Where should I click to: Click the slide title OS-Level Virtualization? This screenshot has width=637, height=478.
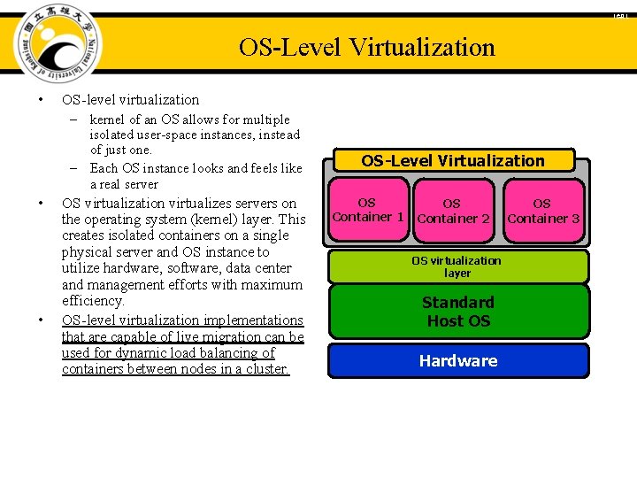point(366,47)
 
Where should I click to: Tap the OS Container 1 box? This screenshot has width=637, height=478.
point(367,210)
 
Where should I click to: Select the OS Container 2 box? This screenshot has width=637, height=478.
point(453,211)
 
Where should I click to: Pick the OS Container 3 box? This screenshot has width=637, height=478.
point(542,211)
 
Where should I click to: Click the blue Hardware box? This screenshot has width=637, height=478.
point(458,360)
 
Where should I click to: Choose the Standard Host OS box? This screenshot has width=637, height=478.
point(458,312)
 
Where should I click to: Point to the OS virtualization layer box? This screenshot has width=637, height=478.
point(457,266)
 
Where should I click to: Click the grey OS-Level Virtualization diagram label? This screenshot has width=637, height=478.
point(453,160)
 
